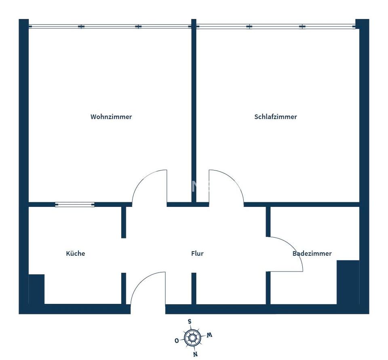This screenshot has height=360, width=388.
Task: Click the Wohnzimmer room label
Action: click(111, 117)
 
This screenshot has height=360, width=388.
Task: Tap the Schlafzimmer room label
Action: click(276, 117)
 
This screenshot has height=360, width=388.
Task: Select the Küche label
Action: click(76, 254)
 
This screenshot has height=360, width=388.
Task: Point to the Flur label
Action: click(197, 254)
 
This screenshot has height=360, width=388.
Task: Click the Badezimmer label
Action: click(312, 254)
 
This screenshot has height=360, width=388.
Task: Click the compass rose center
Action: click(192, 337)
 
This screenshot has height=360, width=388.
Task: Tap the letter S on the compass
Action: click(189, 322)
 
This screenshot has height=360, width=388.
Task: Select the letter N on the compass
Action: click(196, 354)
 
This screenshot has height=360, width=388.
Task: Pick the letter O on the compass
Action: click(177, 341)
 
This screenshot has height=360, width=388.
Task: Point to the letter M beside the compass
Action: click(209, 335)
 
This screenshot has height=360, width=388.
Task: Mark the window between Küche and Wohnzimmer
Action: click(75, 205)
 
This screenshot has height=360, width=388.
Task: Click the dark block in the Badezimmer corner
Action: click(348, 282)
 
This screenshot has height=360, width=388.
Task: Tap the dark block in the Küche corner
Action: click(36, 289)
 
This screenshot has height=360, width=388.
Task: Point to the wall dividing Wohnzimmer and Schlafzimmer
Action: click(194, 113)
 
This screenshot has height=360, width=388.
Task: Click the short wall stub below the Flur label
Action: click(194, 288)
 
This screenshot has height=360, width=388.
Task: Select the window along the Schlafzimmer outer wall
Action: click(276, 27)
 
